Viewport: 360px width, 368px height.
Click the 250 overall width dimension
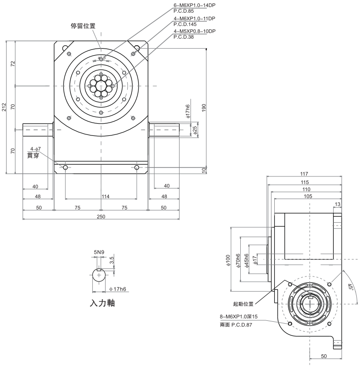coord(101,216)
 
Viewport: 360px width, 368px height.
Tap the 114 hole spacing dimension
coord(101,196)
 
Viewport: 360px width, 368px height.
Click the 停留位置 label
coord(83,26)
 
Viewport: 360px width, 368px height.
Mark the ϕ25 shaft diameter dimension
coord(195,129)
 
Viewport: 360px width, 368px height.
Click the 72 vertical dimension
coord(13,63)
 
